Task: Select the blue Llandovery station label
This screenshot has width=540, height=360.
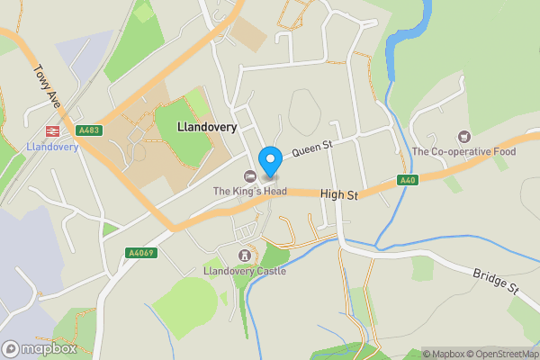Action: click(x=52, y=148)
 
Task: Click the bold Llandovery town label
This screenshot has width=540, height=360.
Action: click(x=207, y=128)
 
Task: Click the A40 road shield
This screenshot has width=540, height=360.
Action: click(x=408, y=180)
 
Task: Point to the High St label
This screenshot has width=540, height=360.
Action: click(x=338, y=193)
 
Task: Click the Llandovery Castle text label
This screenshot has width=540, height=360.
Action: click(x=245, y=271)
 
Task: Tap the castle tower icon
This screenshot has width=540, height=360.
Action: click(x=243, y=256)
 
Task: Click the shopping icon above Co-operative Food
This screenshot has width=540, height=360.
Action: click(x=464, y=136)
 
